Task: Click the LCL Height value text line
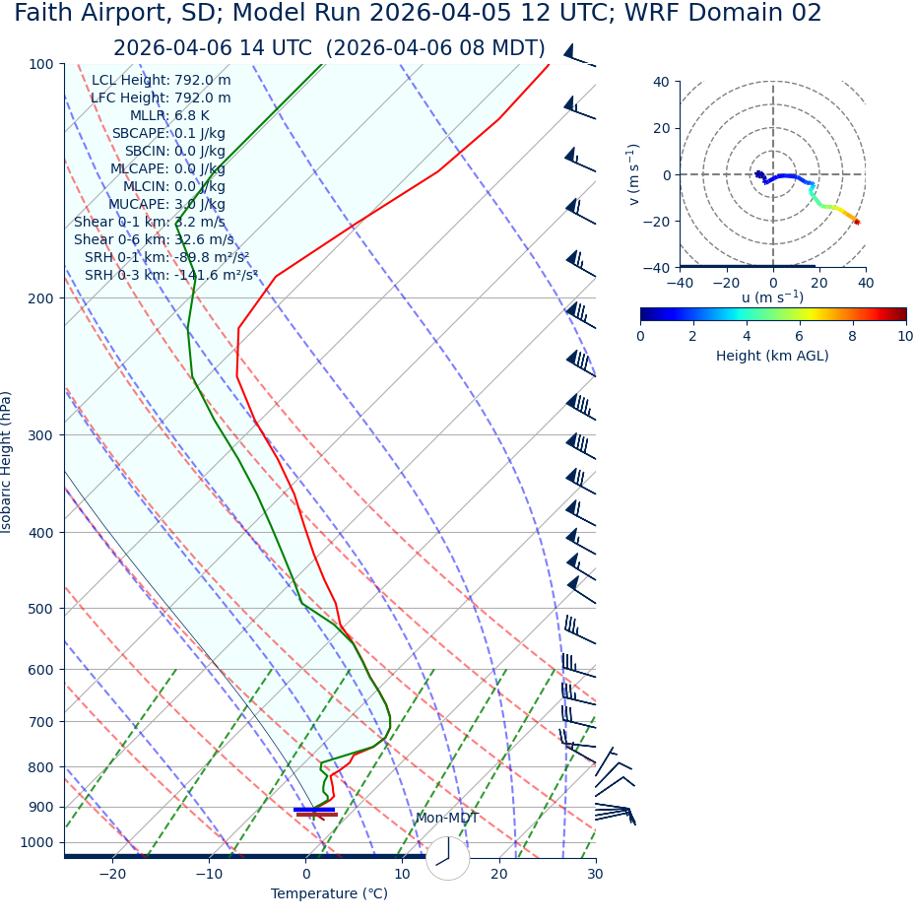click(162, 81)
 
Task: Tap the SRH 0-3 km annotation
click(171, 276)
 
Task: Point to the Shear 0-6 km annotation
click(154, 240)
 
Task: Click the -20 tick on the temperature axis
click(112, 875)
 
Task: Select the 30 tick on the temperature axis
click(595, 875)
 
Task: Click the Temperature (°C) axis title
click(329, 894)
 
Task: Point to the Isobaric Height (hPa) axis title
click(8, 462)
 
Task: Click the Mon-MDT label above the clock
click(446, 819)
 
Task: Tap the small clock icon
click(448, 858)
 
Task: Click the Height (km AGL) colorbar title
click(772, 357)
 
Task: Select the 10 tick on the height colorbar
click(905, 337)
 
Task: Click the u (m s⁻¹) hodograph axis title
click(772, 297)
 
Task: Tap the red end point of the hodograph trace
click(857, 222)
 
